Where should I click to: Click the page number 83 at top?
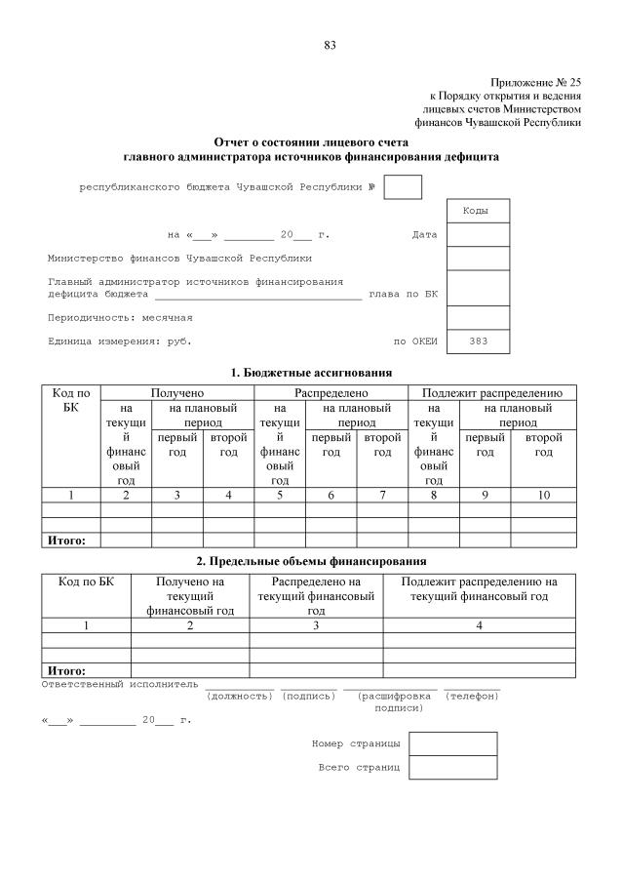(x=330, y=45)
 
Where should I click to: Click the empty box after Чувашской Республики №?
(x=403, y=186)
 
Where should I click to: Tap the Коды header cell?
(x=478, y=211)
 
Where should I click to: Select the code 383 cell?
(x=478, y=341)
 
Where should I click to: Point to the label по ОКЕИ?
(x=415, y=341)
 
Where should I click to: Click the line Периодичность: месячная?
(x=120, y=317)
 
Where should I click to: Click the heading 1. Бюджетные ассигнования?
(x=311, y=373)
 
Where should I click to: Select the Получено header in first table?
(x=177, y=392)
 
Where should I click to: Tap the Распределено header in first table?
(x=331, y=392)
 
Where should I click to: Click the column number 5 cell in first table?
(x=280, y=496)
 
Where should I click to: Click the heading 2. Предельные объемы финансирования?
(x=311, y=561)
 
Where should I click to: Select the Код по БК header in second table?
(x=86, y=582)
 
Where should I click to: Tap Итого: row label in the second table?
(x=66, y=670)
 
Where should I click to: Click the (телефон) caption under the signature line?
(x=472, y=696)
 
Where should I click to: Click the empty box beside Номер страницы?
(x=439, y=744)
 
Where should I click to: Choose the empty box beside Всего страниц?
(x=439, y=768)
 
